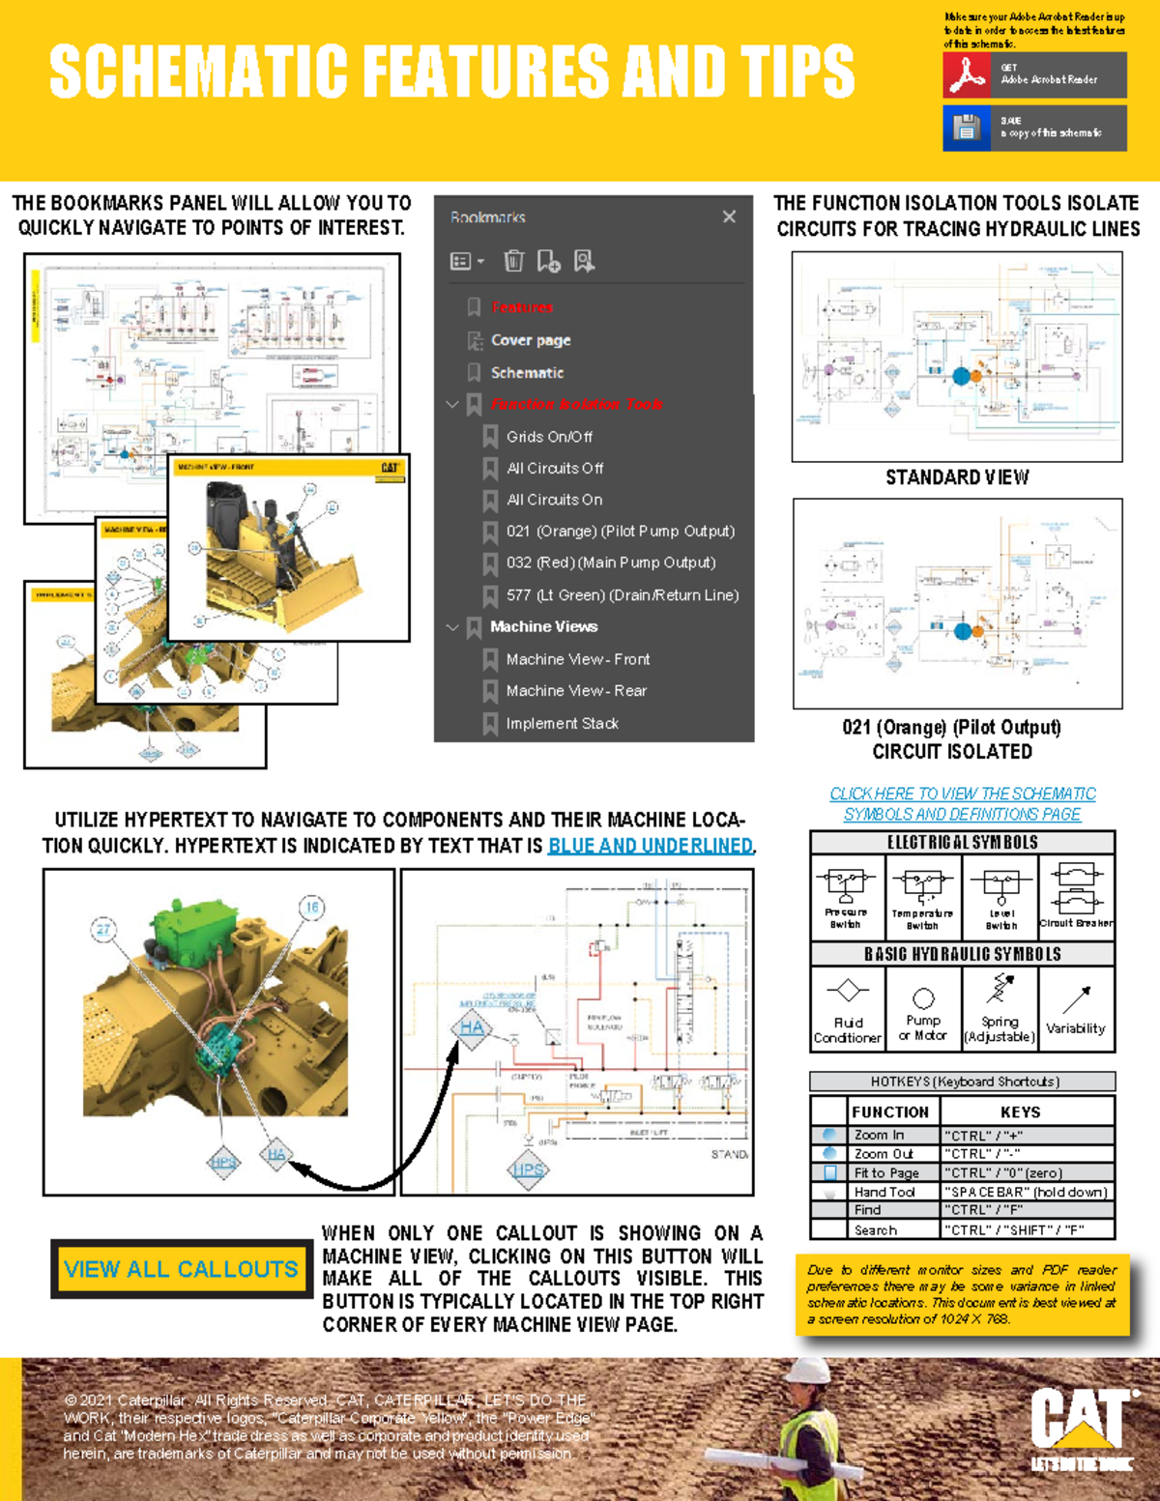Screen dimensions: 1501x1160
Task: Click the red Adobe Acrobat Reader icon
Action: pyautogui.click(x=966, y=74)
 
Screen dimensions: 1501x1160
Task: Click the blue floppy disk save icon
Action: pyautogui.click(x=966, y=127)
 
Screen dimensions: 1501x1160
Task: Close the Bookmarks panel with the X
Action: pyautogui.click(x=729, y=216)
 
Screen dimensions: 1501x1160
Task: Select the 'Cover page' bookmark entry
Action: pyautogui.click(x=530, y=340)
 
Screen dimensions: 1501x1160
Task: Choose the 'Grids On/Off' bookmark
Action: pyautogui.click(x=549, y=437)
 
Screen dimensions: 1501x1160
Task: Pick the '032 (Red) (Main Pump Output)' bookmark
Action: pyautogui.click(x=610, y=563)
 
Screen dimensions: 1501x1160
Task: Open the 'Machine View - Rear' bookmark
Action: pyautogui.click(x=576, y=691)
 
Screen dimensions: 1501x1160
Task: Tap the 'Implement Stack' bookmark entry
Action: pyautogui.click(x=562, y=723)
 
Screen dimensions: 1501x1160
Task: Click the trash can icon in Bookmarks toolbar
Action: pyautogui.click(x=513, y=261)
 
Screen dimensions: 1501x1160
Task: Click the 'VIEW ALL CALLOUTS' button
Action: pyautogui.click(x=181, y=1269)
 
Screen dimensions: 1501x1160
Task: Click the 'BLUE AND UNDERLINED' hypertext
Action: pyautogui.click(x=650, y=846)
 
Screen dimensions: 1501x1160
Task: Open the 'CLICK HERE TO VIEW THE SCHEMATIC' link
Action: pyautogui.click(x=962, y=794)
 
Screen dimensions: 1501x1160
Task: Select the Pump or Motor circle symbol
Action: pyautogui.click(x=923, y=998)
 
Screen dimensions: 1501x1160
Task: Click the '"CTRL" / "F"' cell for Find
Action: pyautogui.click(x=1027, y=1210)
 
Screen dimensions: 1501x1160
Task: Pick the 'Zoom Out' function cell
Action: pyautogui.click(x=883, y=1154)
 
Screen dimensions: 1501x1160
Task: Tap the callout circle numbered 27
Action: pyautogui.click(x=103, y=930)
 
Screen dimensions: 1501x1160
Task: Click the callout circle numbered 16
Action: pyautogui.click(x=311, y=907)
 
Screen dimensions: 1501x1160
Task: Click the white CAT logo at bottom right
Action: pyautogui.click(x=1080, y=1419)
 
